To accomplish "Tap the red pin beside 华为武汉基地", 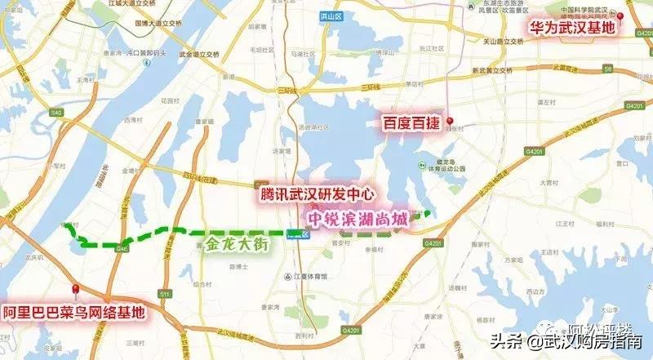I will [x=621, y=17].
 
